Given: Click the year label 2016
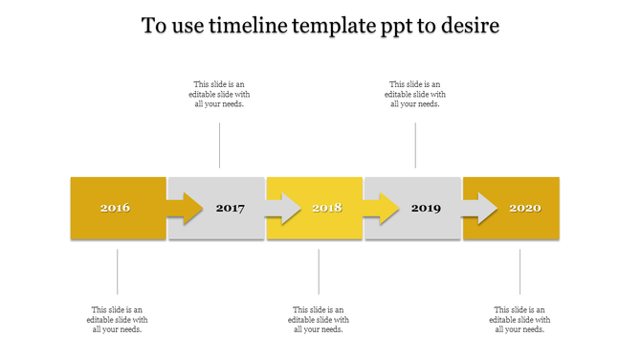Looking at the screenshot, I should tap(115, 208).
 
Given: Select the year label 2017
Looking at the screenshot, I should tap(231, 208).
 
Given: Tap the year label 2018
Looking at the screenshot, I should tap(326, 208).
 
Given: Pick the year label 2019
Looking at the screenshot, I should tap(426, 208).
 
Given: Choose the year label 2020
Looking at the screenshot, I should tap(524, 208).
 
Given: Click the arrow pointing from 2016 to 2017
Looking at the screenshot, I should tap(185, 208).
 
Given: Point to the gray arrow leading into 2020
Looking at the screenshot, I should tap(480, 208).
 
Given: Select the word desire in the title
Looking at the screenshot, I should tap(470, 26).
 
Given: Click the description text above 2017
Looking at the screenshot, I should tap(219, 94).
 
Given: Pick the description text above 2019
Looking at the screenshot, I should tap(415, 94).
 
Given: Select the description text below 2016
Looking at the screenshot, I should tap(117, 320).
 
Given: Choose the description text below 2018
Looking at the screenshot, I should tap(319, 320).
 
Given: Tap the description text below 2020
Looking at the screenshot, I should tap(519, 320).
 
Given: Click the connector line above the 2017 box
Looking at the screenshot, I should tap(220, 146).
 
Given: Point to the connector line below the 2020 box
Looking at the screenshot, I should tap(520, 272).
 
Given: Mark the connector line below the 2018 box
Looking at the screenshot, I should tap(319, 272).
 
